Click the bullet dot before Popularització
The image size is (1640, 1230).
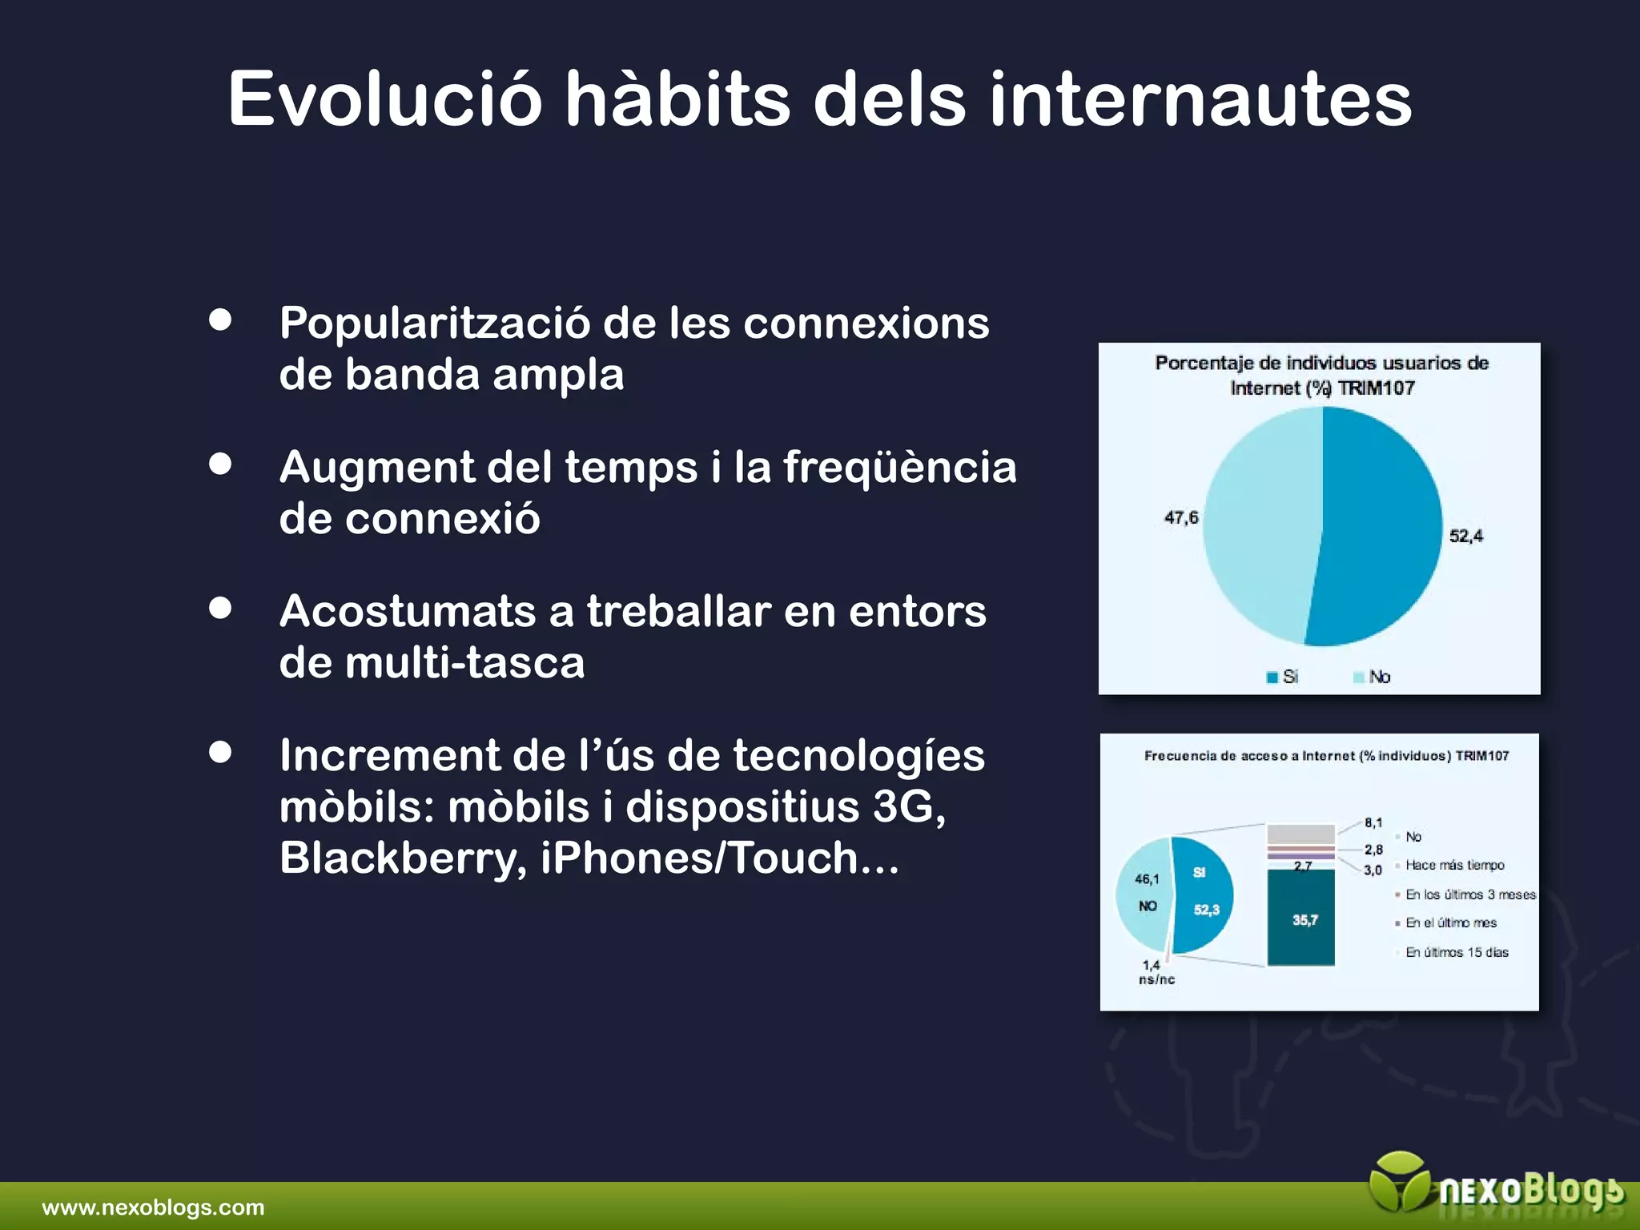[220, 320]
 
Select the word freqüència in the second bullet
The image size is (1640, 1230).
[899, 467]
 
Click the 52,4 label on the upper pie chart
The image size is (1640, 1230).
[1465, 536]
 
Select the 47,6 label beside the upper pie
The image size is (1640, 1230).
[1181, 517]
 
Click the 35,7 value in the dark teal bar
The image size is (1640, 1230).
[1304, 920]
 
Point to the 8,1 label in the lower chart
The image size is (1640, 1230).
[1373, 822]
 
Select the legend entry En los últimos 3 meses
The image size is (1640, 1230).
[1469, 894]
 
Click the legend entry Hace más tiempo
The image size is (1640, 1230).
[1454, 865]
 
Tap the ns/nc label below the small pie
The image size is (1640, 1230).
[1156, 979]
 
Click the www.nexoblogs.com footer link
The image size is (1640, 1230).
[153, 1208]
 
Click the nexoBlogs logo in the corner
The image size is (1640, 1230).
[1497, 1190]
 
